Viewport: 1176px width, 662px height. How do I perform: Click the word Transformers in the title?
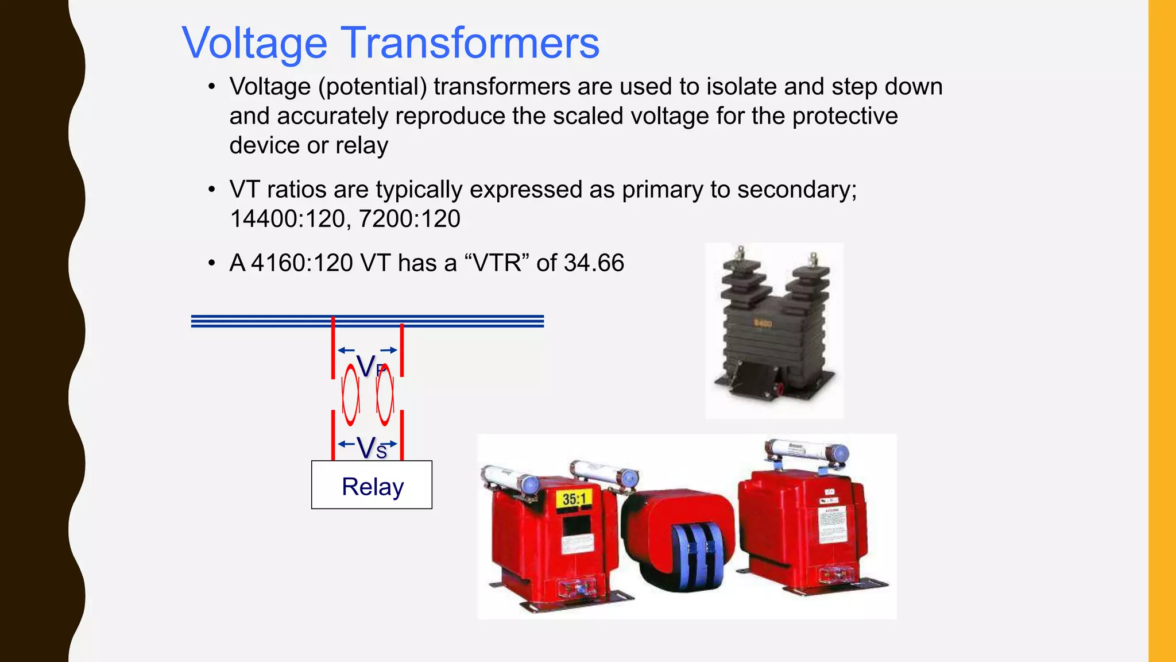pos(471,43)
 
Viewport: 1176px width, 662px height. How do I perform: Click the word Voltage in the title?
pos(254,43)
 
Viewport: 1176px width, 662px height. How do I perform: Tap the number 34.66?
pos(594,263)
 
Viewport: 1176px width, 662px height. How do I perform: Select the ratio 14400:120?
pos(288,219)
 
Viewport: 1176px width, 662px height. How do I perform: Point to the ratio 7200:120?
pos(409,219)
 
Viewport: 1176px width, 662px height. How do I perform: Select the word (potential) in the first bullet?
pos(373,87)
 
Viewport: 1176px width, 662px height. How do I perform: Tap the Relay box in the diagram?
pos(372,485)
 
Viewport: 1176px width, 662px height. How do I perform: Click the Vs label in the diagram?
pos(372,448)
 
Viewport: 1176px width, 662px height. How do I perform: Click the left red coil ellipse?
pos(350,395)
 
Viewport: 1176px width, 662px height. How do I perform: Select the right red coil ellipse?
pos(385,395)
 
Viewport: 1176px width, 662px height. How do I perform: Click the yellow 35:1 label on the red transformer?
pos(574,499)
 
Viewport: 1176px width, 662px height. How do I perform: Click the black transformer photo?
pos(773,330)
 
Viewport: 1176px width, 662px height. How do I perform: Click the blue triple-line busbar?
pos(367,321)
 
